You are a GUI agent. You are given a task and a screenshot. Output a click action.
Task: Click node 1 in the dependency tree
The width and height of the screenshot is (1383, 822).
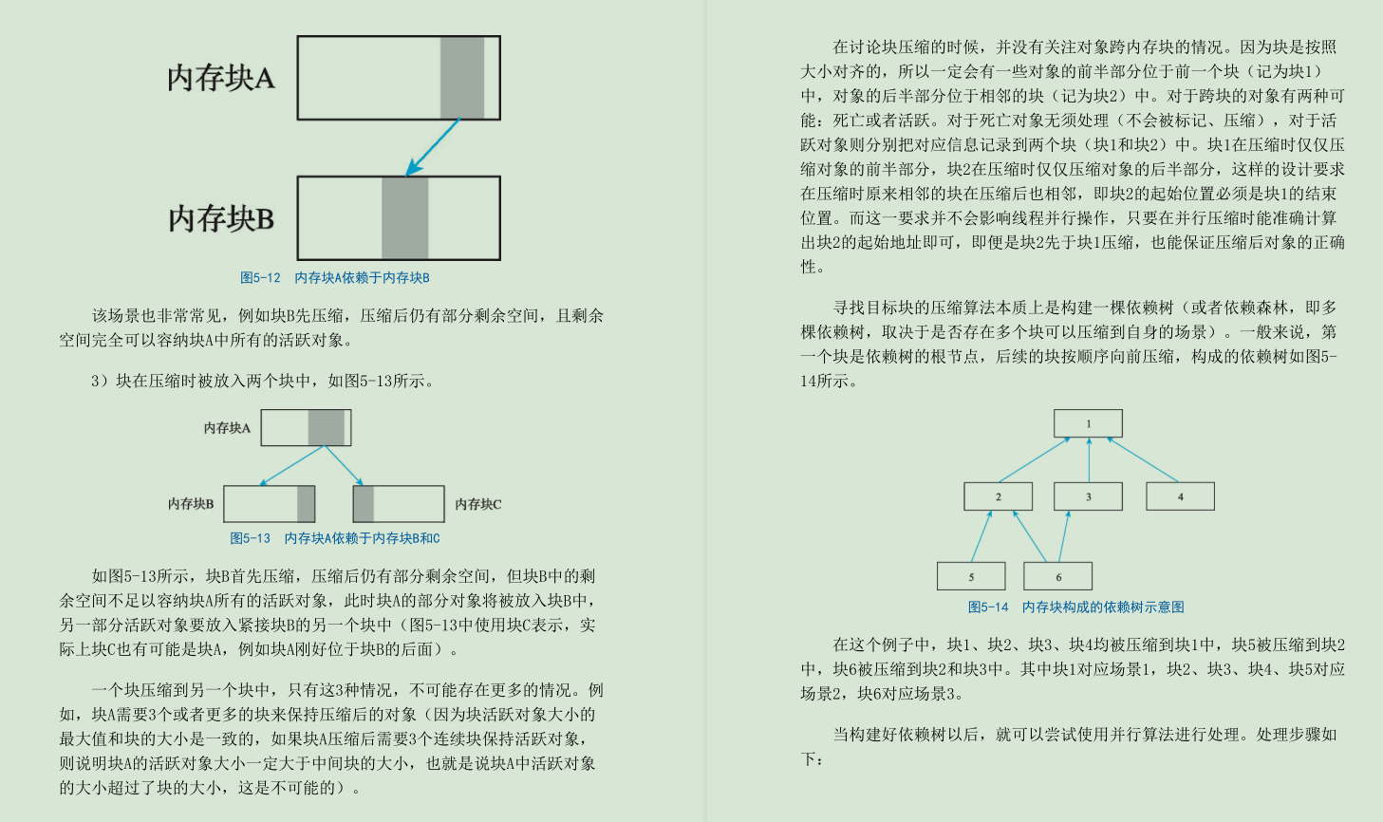(x=1088, y=423)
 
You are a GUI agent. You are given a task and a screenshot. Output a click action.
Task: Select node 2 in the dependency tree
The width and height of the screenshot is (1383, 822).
(x=998, y=496)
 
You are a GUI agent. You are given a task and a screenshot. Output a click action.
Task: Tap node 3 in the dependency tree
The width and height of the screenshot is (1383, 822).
(x=1088, y=496)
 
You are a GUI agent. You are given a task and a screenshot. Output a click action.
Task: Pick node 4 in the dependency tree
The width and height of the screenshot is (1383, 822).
(x=1180, y=496)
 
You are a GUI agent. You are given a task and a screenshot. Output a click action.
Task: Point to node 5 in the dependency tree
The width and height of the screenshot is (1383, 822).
(x=971, y=576)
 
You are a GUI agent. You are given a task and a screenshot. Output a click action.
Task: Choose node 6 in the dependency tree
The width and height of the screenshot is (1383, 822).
(x=1057, y=576)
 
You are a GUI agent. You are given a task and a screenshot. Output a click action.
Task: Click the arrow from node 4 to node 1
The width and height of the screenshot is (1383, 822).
(x=1143, y=459)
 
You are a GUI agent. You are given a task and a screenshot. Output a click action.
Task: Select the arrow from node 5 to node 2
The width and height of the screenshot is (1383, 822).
(x=981, y=536)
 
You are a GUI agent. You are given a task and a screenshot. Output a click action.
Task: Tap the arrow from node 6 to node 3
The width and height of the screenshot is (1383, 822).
(x=1064, y=536)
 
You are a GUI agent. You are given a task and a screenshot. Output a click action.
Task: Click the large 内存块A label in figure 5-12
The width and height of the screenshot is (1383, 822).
(x=221, y=78)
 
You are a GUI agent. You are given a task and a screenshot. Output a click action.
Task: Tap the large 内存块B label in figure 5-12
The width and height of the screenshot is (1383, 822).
(x=221, y=219)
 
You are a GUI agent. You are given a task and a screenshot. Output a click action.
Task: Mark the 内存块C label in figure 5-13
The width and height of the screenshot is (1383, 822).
(x=477, y=504)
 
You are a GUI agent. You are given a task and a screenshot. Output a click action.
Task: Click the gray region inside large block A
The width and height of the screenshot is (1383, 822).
(x=462, y=78)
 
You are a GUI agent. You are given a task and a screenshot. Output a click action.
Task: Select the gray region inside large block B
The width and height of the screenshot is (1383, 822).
(x=405, y=218)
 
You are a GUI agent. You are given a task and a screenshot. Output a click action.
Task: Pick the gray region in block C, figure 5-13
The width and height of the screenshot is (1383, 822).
(x=364, y=504)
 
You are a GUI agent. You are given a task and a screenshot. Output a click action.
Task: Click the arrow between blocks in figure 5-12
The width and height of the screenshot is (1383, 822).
(x=432, y=148)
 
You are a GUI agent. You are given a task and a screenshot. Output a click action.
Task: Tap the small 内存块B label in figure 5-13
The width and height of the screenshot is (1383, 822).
(x=191, y=504)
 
